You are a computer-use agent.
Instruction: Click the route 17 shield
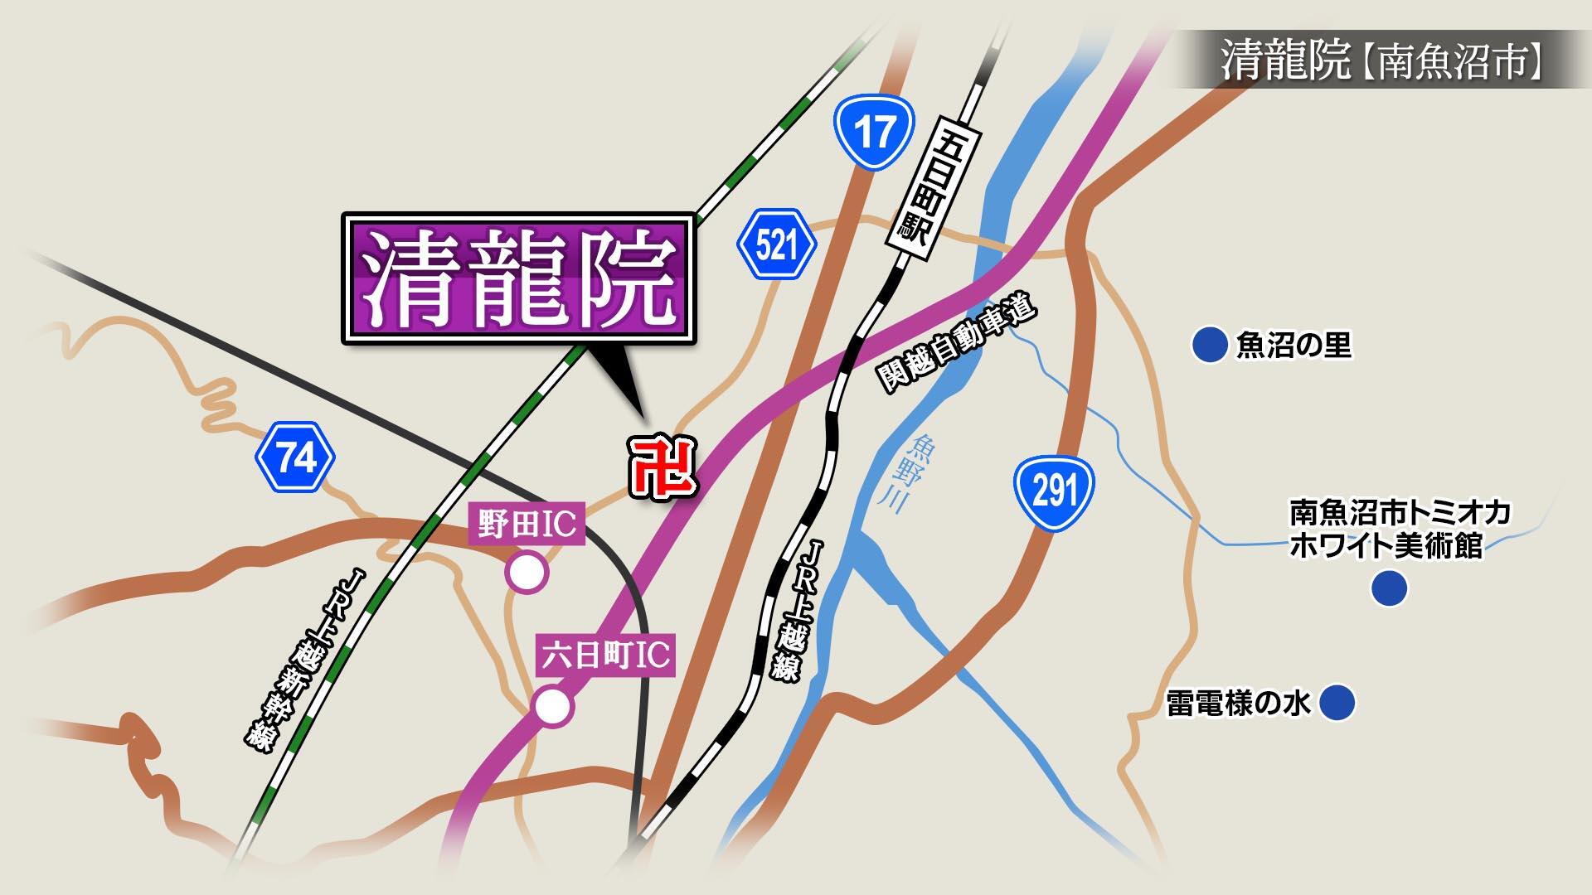[x=874, y=133]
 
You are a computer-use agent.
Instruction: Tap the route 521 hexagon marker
[x=776, y=245]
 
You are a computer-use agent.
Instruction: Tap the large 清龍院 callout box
[x=519, y=279]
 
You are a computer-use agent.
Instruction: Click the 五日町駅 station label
[x=934, y=183]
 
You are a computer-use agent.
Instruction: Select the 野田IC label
[x=527, y=523]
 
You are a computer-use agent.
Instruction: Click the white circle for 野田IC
[x=527, y=572]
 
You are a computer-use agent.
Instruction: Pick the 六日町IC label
[x=605, y=656]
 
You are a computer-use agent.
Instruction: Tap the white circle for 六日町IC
[x=553, y=707]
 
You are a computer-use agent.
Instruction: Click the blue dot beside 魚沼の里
[x=1209, y=345]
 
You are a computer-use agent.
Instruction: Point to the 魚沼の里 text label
[x=1293, y=345]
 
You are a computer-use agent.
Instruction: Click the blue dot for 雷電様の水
[x=1337, y=703]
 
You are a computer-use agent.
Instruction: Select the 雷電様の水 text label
[x=1238, y=704]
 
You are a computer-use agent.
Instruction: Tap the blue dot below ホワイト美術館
[x=1389, y=588]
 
